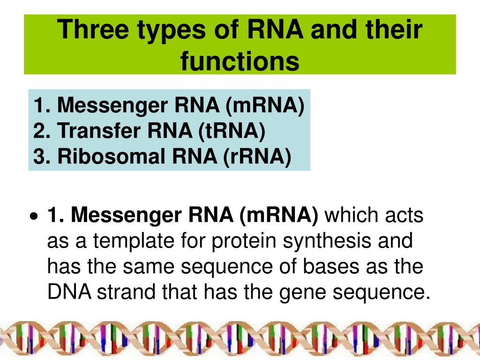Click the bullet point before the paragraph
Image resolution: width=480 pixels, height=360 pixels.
32,217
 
